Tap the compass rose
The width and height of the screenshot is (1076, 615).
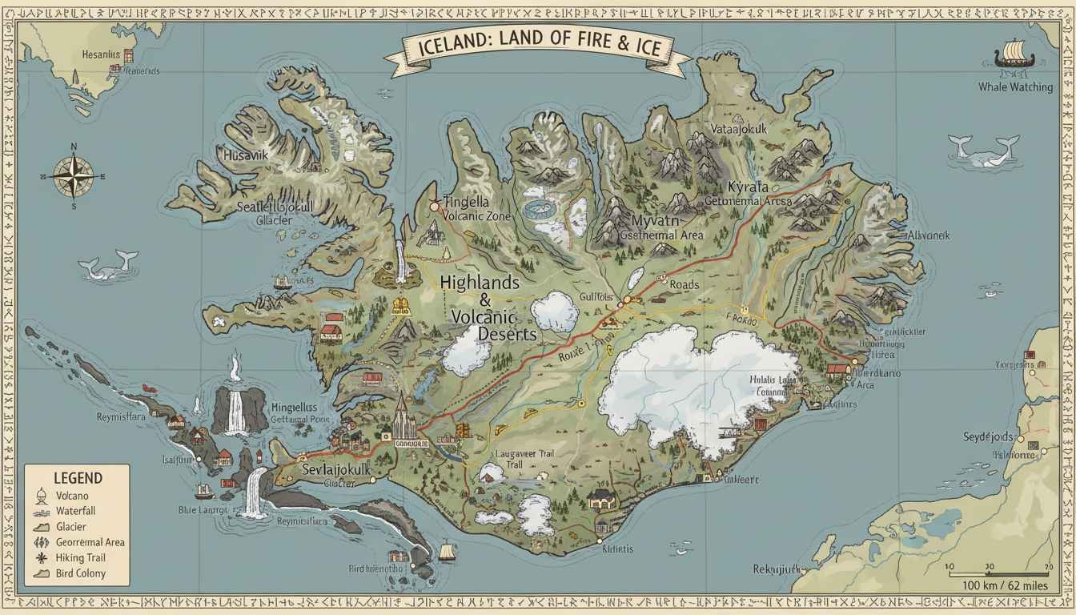(x=73, y=175)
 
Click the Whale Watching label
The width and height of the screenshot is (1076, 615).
(x=1015, y=86)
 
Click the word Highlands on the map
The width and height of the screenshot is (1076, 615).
(x=480, y=283)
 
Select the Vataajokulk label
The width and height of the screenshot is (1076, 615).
(x=739, y=128)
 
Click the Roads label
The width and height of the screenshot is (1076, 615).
(x=685, y=284)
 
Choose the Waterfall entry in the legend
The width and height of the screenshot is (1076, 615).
(x=75, y=511)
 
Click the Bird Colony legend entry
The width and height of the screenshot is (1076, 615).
(x=80, y=573)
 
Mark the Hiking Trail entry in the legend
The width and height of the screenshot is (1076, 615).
(x=80, y=557)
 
